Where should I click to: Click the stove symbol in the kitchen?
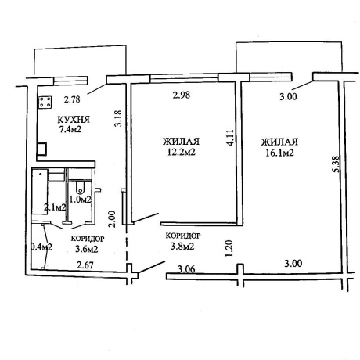coord(45,103)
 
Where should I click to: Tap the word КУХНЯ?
coord(74,120)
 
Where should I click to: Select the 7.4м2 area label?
coord(70,129)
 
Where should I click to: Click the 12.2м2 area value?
coord(182,152)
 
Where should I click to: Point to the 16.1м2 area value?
coord(279,153)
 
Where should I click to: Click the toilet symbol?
coord(80,186)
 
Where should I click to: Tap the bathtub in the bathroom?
coord(40,192)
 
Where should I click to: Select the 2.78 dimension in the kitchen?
coord(72,99)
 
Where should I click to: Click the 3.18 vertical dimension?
coord(118,118)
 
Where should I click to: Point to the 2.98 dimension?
coord(182,95)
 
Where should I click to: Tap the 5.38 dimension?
coord(336,164)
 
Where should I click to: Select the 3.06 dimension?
coord(186,269)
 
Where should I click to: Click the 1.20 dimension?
coord(229,249)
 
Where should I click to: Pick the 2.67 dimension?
coord(85,265)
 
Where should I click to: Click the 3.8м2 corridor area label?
coord(182,247)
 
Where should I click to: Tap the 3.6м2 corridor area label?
coord(86,249)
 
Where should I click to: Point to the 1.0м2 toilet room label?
coord(80,200)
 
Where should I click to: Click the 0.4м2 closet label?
coord(41,247)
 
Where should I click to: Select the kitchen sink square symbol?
coord(41,149)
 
